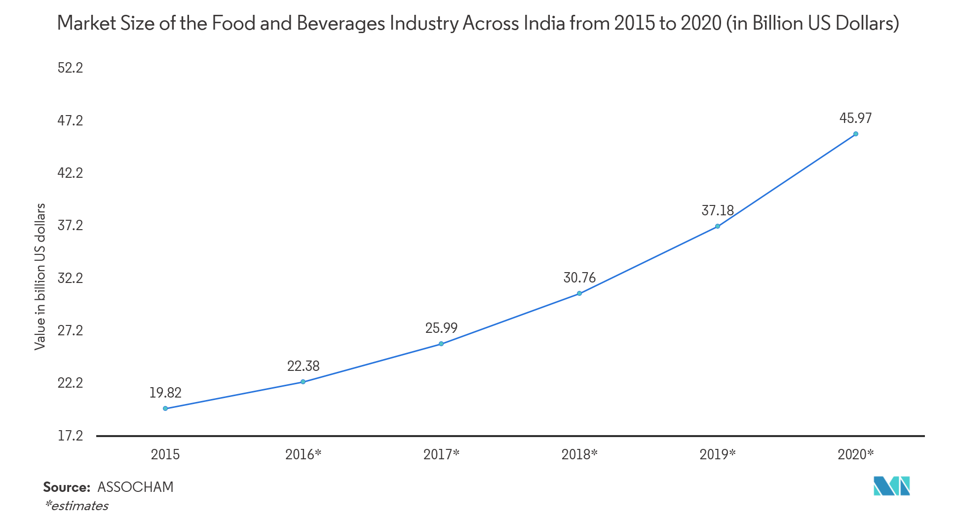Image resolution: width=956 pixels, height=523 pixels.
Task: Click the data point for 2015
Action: click(x=165, y=408)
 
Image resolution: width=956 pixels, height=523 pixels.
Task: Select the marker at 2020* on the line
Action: click(x=855, y=134)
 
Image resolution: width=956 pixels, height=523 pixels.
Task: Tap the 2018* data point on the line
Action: click(x=579, y=293)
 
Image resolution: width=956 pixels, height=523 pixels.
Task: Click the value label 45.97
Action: click(x=855, y=119)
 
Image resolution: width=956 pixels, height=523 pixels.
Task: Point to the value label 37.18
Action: click(x=718, y=210)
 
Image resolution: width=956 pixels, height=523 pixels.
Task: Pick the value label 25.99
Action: click(x=441, y=328)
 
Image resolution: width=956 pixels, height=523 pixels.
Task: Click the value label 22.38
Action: click(x=303, y=366)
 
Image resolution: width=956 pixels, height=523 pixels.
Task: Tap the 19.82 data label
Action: click(x=165, y=393)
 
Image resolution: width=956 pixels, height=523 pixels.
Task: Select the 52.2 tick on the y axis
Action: click(x=70, y=68)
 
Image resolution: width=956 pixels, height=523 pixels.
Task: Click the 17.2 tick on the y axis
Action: click(x=70, y=436)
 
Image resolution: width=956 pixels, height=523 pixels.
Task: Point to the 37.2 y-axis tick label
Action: click(x=70, y=226)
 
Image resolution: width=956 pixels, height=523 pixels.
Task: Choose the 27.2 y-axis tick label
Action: click(x=70, y=330)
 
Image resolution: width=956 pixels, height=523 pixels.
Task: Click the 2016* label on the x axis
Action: click(x=303, y=454)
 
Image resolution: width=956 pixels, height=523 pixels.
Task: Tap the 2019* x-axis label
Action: click(x=717, y=454)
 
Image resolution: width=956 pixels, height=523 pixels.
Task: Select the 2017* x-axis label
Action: click(x=441, y=454)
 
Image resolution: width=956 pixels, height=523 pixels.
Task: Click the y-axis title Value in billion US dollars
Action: click(x=40, y=277)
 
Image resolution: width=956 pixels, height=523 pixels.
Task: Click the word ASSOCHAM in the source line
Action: click(x=135, y=487)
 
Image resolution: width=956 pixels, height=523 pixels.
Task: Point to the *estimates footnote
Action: click(x=76, y=506)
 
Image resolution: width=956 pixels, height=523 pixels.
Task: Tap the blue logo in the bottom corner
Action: click(x=891, y=486)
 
